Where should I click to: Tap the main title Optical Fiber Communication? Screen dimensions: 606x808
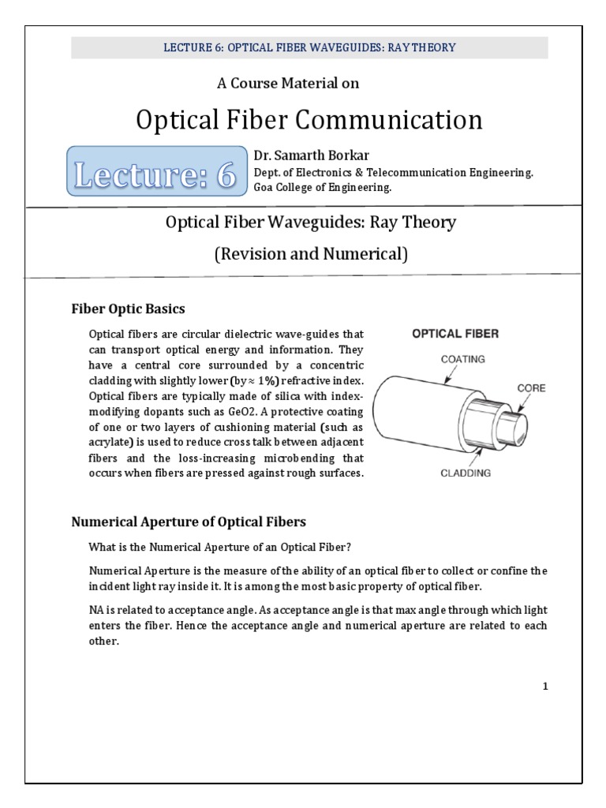click(309, 120)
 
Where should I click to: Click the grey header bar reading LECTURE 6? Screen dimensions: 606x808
click(309, 47)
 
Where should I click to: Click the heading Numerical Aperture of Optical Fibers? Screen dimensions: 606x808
click(189, 522)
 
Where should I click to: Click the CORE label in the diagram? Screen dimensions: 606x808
click(531, 387)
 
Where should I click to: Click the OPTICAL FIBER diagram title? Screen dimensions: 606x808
click(456, 334)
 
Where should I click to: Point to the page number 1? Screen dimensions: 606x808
click(544, 686)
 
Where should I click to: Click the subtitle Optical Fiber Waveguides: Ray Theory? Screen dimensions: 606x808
click(310, 223)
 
